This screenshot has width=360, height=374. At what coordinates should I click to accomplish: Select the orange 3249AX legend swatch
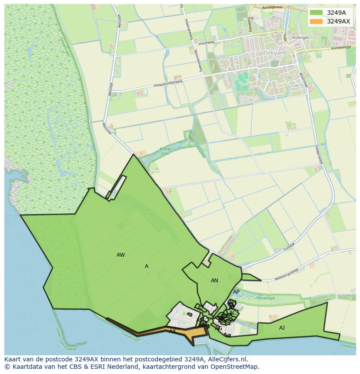point(317,21)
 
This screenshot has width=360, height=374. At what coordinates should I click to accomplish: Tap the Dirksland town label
point(275,53)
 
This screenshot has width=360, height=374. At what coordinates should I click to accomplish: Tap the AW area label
point(121,255)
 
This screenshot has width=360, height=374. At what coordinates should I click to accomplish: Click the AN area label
point(214,281)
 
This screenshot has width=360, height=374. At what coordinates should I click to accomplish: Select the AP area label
point(236,292)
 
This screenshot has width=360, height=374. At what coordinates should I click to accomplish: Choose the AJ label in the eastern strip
point(282,328)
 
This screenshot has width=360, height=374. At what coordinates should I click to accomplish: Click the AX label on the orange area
point(173,331)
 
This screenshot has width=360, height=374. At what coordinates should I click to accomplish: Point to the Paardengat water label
point(266,298)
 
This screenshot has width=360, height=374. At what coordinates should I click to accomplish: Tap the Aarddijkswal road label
point(273,7)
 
